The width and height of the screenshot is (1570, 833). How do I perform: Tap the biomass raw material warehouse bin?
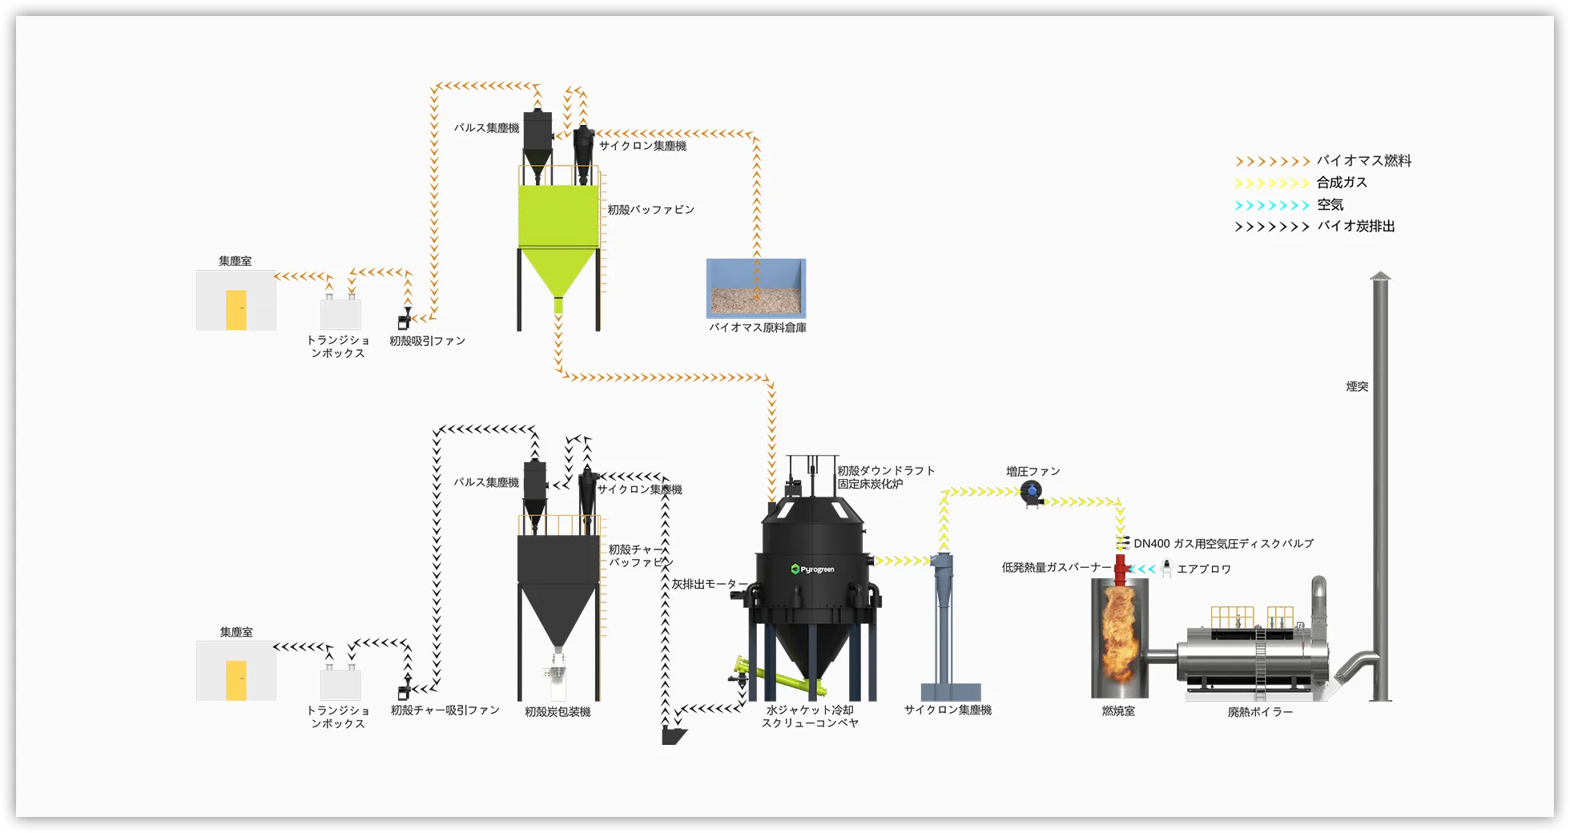coord(756,288)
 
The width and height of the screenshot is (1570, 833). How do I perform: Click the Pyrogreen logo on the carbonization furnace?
coord(813,569)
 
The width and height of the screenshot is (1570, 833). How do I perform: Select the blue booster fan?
coord(1031,493)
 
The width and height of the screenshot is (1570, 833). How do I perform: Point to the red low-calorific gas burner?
coord(1121,564)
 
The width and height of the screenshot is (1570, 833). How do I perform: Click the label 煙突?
coord(1357,387)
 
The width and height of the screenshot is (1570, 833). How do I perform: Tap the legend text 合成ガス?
coord(1342,183)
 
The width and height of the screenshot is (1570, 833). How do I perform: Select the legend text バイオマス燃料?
coord(1363,161)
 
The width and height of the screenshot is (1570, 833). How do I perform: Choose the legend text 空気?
coord(1330,205)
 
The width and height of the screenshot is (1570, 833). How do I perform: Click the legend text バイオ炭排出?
coord(1355,227)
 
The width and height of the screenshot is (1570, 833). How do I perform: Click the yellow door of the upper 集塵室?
coord(236,310)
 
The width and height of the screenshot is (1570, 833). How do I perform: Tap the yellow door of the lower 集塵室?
coord(236,680)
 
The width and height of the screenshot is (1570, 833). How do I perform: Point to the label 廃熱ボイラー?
coord(1260,712)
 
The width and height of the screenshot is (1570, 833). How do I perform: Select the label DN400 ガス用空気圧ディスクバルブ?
coord(1223,544)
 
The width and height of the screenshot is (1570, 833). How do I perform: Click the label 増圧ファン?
coord(1033,472)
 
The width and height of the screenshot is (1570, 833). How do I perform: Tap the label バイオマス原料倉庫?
coord(757,328)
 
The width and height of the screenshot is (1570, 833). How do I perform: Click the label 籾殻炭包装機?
coord(558,712)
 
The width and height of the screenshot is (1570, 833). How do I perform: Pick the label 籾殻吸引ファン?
coord(427,341)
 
